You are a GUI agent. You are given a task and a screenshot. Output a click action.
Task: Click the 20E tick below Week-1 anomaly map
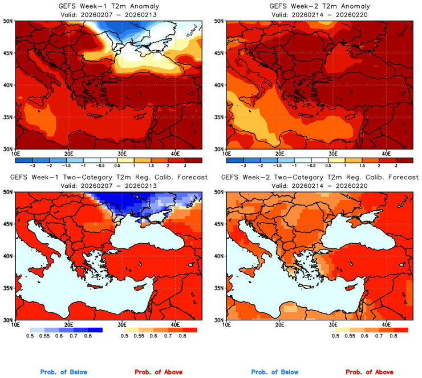(68, 154)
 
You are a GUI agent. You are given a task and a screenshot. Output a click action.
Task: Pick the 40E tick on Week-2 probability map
(386, 324)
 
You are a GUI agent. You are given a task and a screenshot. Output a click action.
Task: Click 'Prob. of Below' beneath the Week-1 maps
(64, 372)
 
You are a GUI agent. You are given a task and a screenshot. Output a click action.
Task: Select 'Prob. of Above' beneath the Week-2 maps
(369, 372)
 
